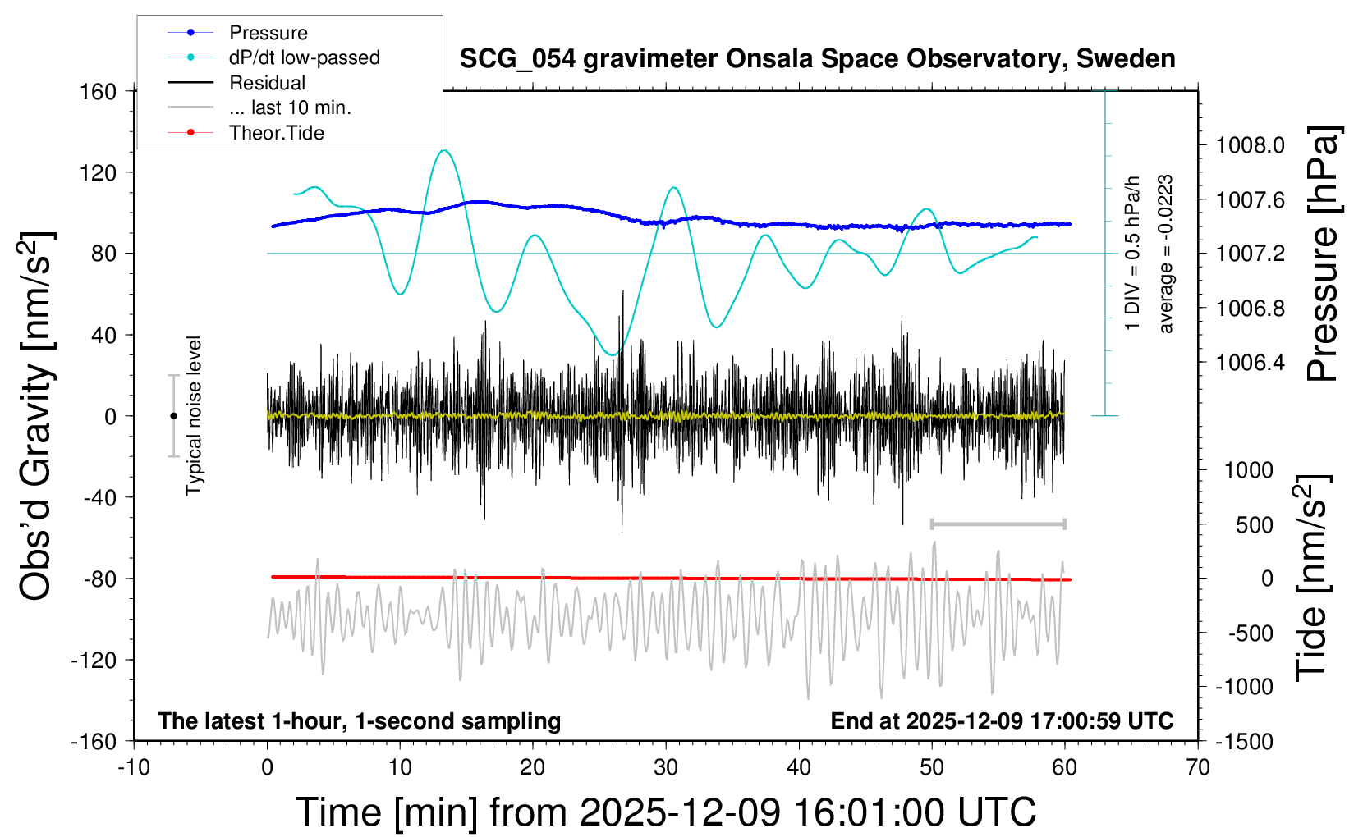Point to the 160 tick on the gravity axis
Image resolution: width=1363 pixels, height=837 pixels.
99,91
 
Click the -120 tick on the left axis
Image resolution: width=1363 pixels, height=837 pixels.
94,660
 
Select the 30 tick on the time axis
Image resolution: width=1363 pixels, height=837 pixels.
666,768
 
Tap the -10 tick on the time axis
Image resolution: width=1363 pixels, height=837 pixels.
134,768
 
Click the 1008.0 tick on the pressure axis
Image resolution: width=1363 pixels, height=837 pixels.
1251,146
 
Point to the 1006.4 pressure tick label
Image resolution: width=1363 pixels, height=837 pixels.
1251,363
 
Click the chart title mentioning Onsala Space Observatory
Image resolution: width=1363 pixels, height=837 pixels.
817,59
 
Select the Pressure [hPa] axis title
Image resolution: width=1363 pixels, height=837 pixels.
1323,254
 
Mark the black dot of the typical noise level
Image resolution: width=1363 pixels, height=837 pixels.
173,416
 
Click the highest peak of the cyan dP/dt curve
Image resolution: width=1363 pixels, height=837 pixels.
444,150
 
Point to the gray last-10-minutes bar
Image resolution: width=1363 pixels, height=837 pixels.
998,524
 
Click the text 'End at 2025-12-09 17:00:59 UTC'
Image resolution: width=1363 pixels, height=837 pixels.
1002,720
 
